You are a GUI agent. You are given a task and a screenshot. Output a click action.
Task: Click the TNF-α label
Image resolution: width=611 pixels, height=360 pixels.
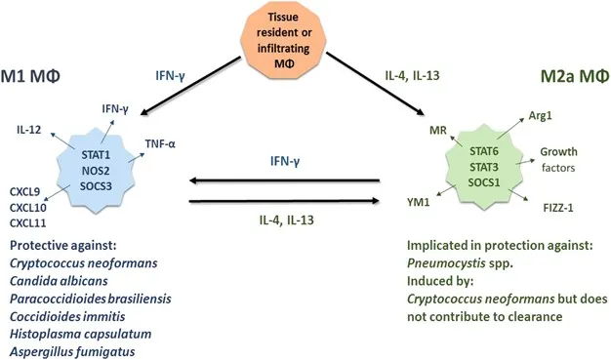tap(161, 140)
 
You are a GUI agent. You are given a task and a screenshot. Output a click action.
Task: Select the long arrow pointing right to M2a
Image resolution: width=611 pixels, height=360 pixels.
tap(283, 200)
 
